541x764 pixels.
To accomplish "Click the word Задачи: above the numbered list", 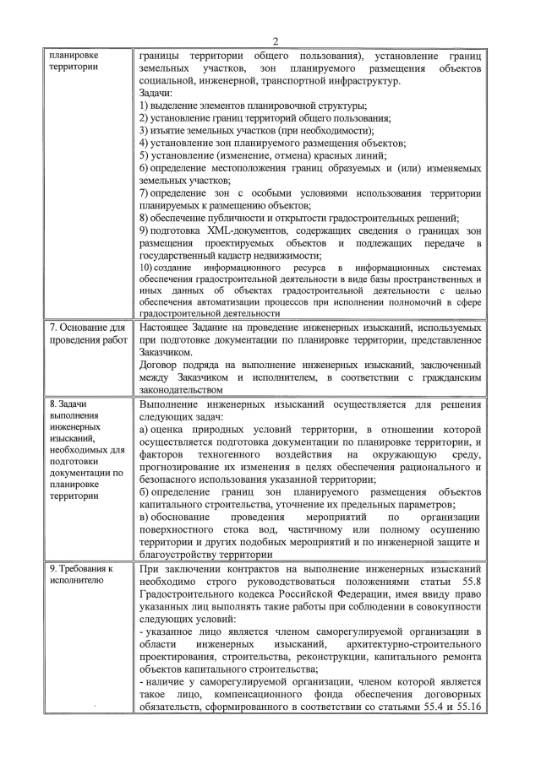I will (156, 94).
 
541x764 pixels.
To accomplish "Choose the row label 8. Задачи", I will (74, 404).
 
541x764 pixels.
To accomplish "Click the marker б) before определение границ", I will (143, 491).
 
